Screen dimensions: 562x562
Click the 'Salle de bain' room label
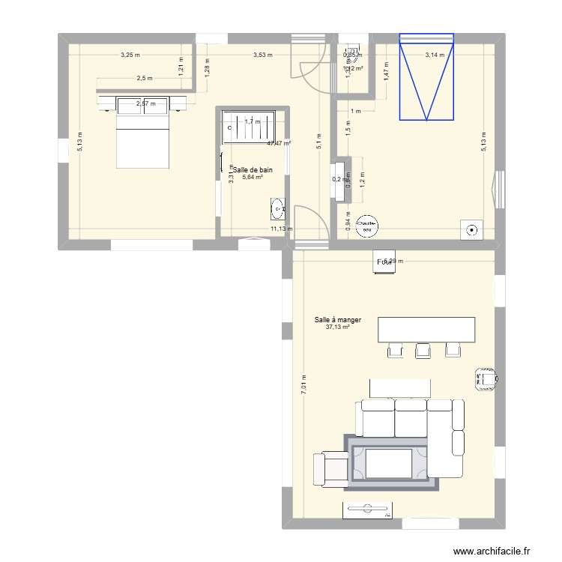coord(252,170)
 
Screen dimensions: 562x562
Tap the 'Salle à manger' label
coord(338,320)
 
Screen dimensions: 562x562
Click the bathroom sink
coord(277,207)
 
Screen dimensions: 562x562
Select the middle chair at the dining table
coord(423,350)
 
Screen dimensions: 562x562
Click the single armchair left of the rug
coord(330,468)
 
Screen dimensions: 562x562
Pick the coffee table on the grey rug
coord(389,462)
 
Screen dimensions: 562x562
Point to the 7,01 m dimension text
coord(303,385)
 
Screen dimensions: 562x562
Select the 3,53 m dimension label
coord(263,55)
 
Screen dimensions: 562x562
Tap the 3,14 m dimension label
coord(435,55)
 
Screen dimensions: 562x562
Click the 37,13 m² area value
coord(338,327)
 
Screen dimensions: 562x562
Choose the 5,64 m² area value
coord(252,178)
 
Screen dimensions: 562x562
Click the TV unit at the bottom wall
coord(367,510)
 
